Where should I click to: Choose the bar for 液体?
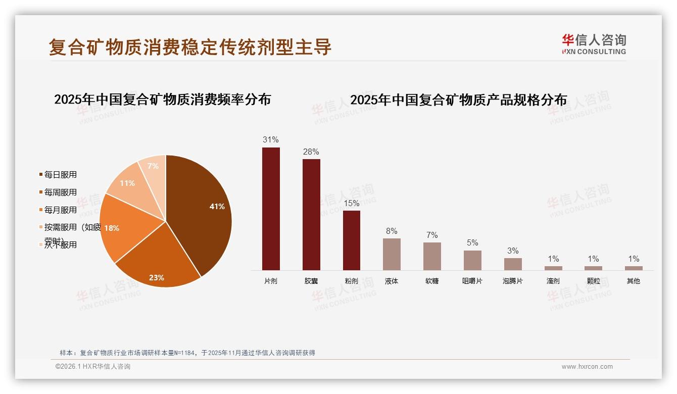[x=392, y=254]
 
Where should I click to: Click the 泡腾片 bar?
[x=513, y=264]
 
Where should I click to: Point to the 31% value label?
[x=271, y=140]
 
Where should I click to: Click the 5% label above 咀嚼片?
[x=472, y=242]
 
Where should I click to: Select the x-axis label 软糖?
[x=432, y=281]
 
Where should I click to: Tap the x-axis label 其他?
[x=634, y=281]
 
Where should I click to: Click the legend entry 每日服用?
[x=60, y=175]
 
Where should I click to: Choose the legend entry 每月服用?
[x=60, y=210]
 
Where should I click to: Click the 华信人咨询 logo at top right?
[x=594, y=44]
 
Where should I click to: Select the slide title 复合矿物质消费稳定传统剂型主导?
[x=190, y=47]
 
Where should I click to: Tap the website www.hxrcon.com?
[x=587, y=367]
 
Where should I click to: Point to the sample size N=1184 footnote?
[x=187, y=353]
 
